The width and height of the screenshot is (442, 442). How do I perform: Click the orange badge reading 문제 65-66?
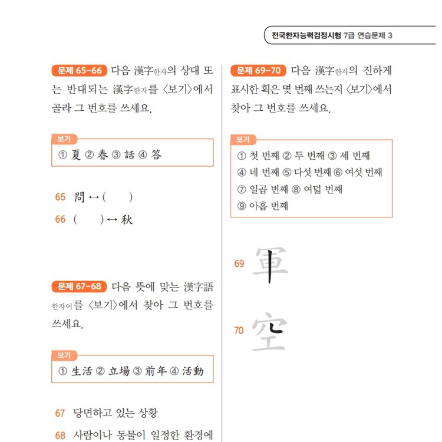[79, 71]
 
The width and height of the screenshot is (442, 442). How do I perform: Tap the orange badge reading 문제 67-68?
[79, 287]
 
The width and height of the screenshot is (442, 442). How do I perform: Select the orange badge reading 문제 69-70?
[258, 71]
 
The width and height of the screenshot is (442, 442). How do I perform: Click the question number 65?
[60, 197]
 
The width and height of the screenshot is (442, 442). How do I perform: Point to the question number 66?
[60, 219]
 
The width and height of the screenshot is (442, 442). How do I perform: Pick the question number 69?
[239, 263]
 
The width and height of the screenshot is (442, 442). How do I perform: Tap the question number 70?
[239, 331]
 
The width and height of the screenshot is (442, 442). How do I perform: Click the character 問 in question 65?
[80, 197]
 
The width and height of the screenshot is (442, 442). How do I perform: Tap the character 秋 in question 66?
[127, 219]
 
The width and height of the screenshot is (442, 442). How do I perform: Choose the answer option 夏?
[75, 155]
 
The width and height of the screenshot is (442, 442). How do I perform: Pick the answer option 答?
[156, 155]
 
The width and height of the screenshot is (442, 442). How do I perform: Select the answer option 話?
[130, 155]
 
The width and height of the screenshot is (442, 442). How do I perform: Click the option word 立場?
[120, 371]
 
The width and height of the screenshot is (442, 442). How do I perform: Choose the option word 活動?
[193, 371]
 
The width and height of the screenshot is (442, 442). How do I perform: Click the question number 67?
[60, 413]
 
